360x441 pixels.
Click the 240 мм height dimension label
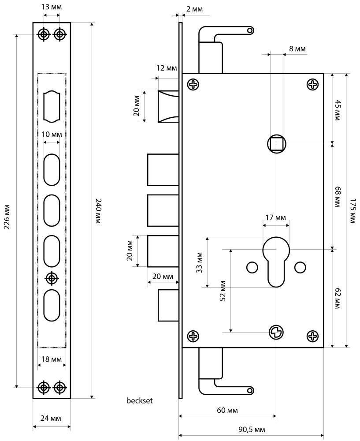[98, 211]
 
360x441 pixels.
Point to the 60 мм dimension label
[227, 410]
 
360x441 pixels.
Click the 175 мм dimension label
[352, 211]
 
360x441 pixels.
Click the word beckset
[139, 401]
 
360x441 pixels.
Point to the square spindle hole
[277, 144]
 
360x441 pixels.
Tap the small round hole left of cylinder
[252, 267]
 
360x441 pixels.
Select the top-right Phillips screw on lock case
[313, 84]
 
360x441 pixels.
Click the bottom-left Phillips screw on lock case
[193, 336]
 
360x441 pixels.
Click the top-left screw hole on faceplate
[44, 34]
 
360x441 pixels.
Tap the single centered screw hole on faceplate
[52, 278]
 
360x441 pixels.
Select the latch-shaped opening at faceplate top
[52, 106]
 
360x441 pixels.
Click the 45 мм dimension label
[338, 108]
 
